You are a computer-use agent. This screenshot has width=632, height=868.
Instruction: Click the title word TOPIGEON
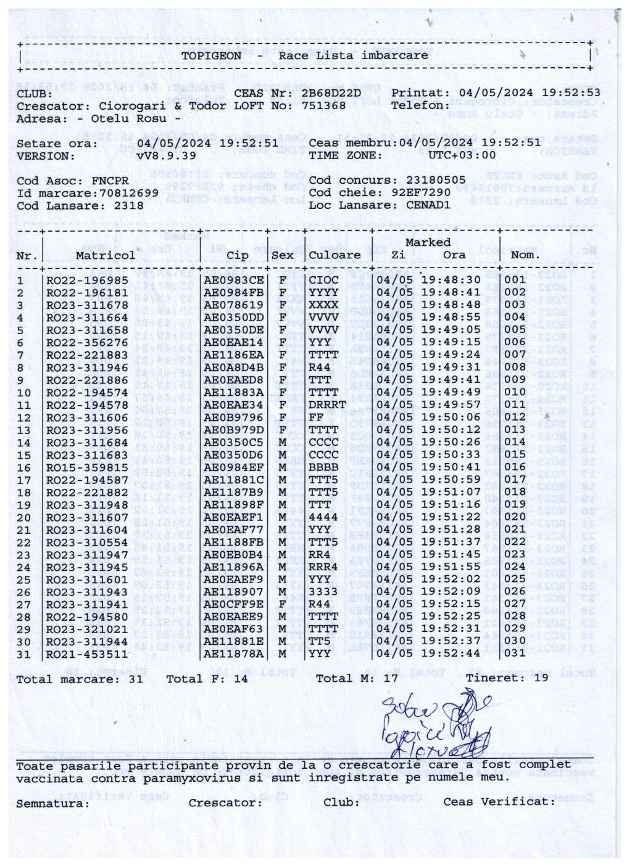211,55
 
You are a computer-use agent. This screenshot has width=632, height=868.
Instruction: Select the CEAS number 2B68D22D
331,93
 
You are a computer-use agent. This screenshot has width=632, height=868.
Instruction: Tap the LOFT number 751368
323,105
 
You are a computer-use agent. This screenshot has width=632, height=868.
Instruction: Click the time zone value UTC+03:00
462,156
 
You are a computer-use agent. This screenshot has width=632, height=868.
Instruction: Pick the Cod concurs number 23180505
436,181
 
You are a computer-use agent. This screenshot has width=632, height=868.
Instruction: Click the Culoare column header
335,255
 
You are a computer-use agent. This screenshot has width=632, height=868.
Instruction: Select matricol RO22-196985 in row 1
87,280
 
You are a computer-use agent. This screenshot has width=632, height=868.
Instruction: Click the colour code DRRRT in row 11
327,405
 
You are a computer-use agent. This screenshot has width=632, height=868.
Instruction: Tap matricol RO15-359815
87,467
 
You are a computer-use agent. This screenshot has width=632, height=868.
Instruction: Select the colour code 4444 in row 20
323,517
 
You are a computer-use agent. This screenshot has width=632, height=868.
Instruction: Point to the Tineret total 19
541,678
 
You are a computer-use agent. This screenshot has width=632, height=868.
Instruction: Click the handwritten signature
432,725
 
